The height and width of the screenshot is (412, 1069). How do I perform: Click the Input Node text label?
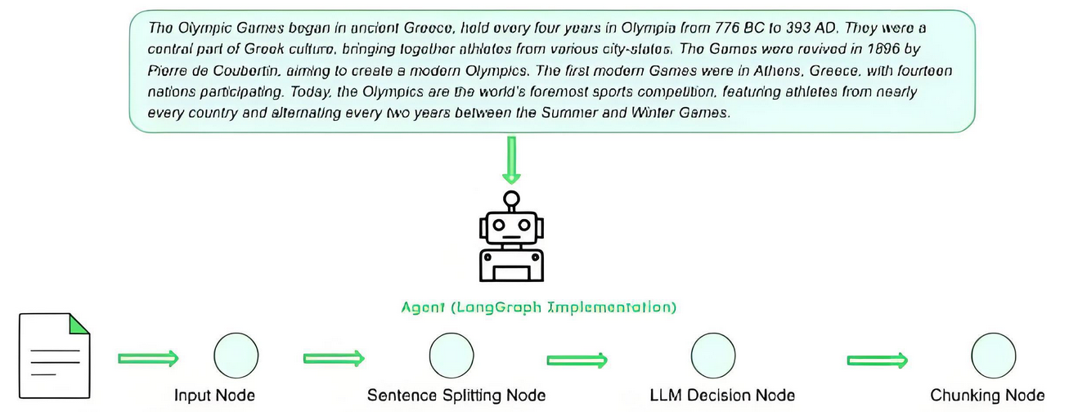click(215, 396)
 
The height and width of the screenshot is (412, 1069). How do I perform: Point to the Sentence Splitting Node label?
click(456, 396)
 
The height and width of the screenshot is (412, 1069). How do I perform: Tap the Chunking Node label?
click(987, 396)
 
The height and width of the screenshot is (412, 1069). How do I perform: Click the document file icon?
click(56, 357)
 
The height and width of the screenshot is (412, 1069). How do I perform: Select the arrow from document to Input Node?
click(148, 357)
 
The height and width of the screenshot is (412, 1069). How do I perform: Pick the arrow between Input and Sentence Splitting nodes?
click(333, 357)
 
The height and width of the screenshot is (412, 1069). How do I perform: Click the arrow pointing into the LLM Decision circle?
click(577, 359)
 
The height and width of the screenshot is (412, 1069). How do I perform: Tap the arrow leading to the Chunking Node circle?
click(877, 359)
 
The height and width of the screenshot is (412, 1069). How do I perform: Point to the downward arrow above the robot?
click(511, 160)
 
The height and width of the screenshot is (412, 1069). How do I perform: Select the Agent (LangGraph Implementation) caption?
click(539, 308)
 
